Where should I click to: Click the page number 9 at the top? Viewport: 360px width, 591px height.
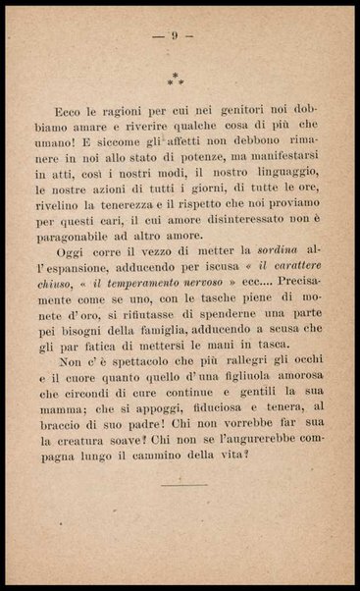click(174, 35)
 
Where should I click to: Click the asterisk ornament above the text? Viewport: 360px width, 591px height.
click(174, 78)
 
